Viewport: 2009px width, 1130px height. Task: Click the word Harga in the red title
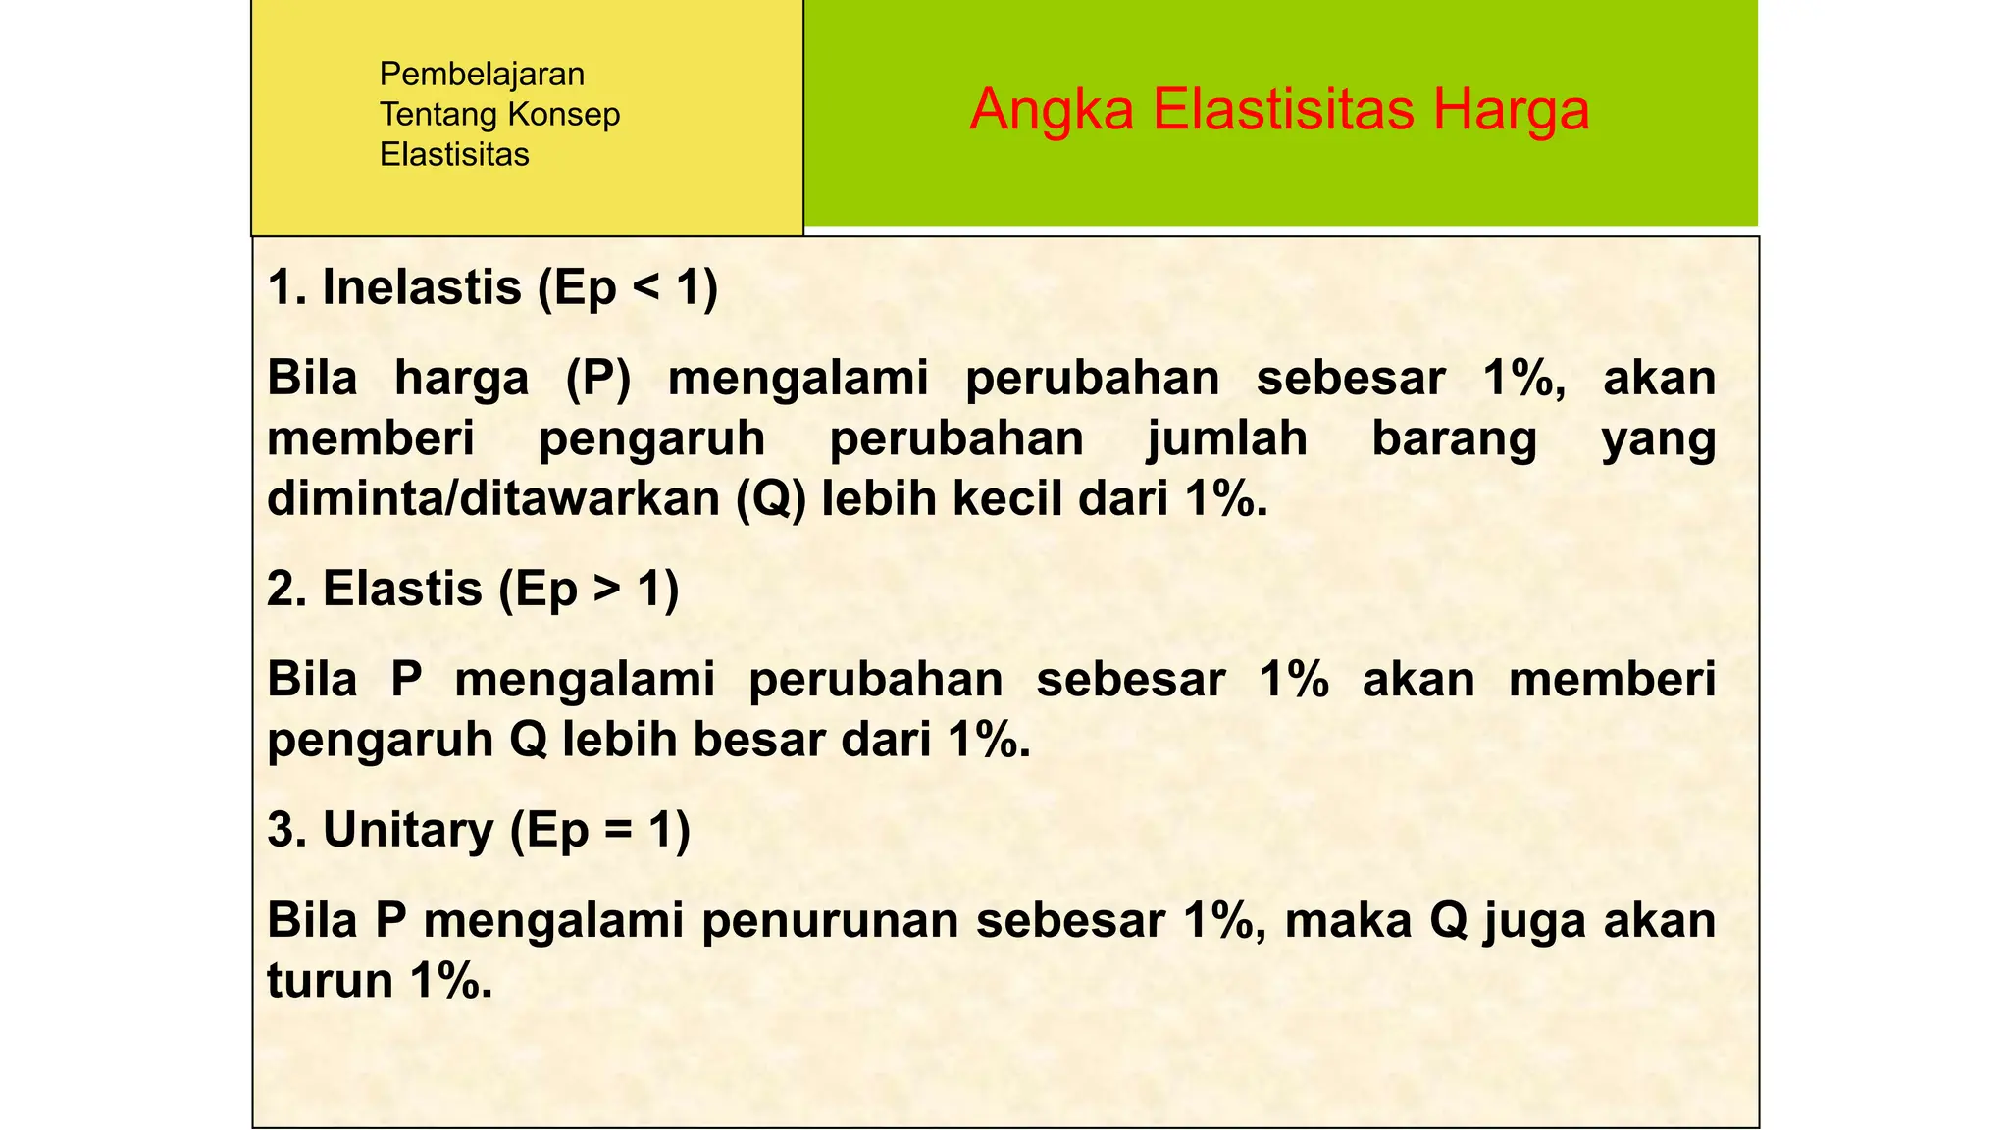(1510, 110)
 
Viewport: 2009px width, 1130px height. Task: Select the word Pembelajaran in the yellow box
(482, 75)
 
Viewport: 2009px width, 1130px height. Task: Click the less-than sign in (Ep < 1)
(646, 288)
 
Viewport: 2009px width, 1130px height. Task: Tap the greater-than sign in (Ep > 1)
(607, 590)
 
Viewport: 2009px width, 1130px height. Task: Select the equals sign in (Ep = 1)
(618, 831)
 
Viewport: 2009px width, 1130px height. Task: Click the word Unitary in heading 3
(408, 831)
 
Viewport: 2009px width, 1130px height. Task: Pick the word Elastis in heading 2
(402, 590)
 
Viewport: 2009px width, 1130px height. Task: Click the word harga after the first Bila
(461, 379)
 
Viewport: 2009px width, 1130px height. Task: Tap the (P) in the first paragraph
(598, 379)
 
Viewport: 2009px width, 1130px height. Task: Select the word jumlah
(1227, 438)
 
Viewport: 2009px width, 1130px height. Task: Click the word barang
(1454, 438)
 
